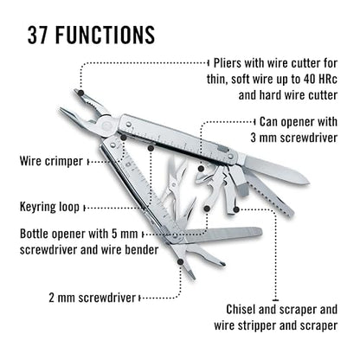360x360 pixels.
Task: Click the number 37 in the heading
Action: [x=38, y=35]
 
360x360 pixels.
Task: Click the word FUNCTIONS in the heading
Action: [x=105, y=35]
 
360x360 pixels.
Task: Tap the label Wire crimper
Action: [x=51, y=161]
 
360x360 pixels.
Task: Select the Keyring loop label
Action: [x=49, y=207]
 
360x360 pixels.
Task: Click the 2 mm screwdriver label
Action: [x=93, y=298]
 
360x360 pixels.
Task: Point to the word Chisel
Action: [x=241, y=310]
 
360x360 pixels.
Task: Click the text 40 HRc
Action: [x=320, y=79]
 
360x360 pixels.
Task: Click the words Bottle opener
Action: [x=53, y=234]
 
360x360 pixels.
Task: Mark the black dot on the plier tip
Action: [x=81, y=93]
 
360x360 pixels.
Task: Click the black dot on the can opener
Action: [x=202, y=169]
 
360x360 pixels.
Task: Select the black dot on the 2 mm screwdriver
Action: [x=180, y=262]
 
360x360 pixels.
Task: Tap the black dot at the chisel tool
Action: [x=236, y=209]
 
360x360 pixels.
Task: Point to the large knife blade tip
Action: [x=308, y=182]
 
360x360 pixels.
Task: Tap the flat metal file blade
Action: [x=222, y=235]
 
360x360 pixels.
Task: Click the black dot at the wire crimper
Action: [x=123, y=138]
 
